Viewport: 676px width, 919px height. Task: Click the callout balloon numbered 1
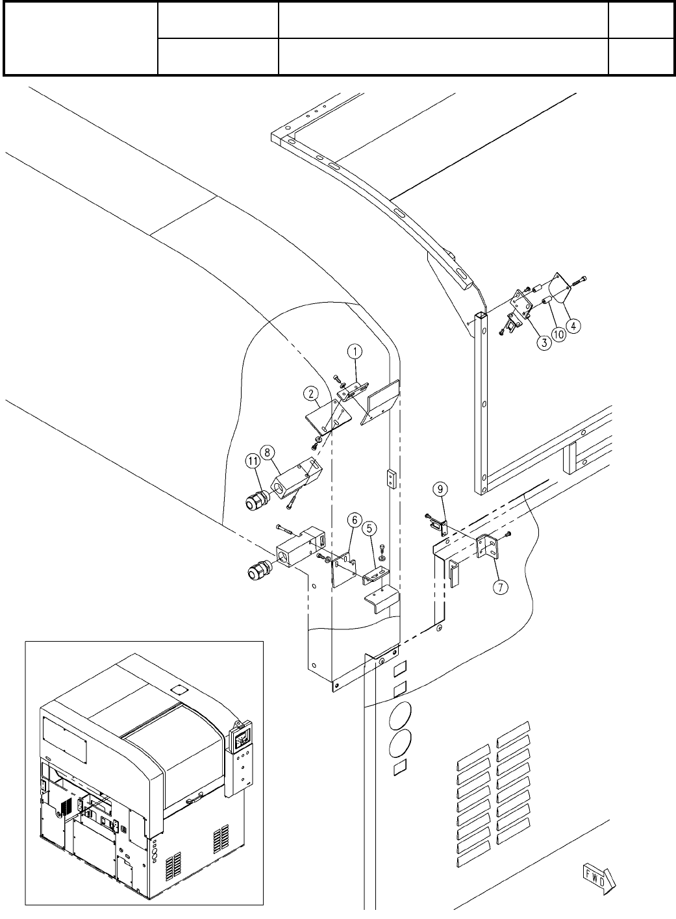tap(355, 351)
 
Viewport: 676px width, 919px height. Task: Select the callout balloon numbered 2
tap(312, 394)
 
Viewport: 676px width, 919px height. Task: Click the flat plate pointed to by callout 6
tap(344, 570)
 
